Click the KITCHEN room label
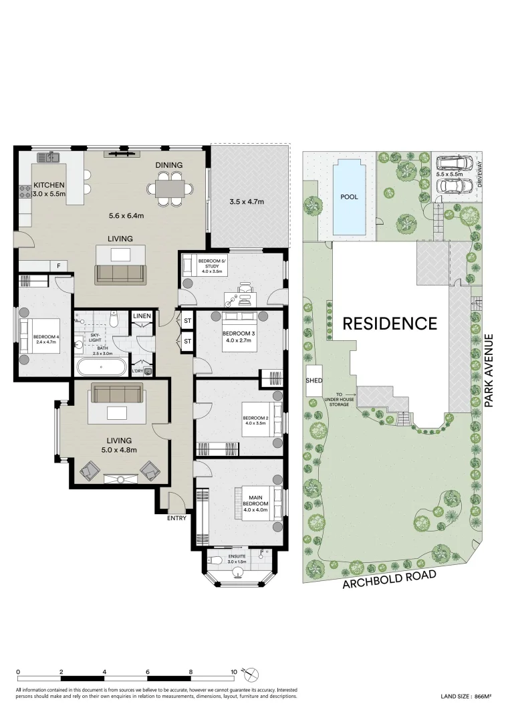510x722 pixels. click(49, 185)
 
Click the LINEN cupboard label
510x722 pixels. click(142, 316)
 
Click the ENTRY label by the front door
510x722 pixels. click(176, 517)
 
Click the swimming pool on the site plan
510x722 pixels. click(350, 197)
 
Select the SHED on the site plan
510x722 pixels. click(314, 381)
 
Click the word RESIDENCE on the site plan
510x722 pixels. click(390, 324)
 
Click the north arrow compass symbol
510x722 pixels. click(251, 675)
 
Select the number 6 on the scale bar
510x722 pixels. click(148, 672)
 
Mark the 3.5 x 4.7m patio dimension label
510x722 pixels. click(247, 201)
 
